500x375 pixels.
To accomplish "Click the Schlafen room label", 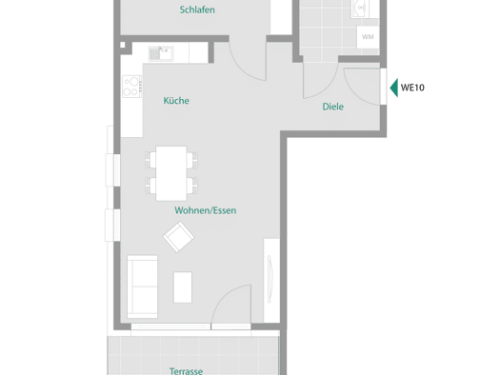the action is click(197, 10).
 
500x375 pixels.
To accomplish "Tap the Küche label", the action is click(176, 101).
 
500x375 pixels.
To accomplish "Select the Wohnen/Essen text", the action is click(206, 210).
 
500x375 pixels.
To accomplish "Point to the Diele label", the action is click(333, 107).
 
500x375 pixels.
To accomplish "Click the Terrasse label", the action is click(186, 371).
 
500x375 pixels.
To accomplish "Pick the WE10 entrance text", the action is click(412, 88).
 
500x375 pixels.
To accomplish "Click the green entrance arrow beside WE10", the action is click(394, 88).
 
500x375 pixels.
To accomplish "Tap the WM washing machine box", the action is click(368, 37).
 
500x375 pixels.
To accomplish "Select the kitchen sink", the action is click(161, 53).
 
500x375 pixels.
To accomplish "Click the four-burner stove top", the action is click(132, 87).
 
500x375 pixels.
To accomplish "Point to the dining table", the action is click(171, 173).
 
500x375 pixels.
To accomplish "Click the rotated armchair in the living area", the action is click(178, 237).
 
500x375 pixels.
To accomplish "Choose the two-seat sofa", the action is click(142, 286).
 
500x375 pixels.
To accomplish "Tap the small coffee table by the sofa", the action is click(183, 287).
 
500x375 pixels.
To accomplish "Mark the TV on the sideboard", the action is click(270, 279).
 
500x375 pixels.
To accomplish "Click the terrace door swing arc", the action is click(223, 295).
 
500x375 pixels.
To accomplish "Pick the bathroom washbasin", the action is click(362, 8).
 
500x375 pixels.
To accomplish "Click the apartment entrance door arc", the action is click(355, 92).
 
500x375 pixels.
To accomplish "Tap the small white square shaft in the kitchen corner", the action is click(123, 45).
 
